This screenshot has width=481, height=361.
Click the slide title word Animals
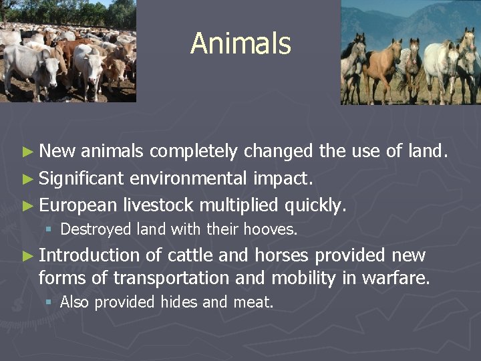pos(240,44)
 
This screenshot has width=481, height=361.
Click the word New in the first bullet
pos(57,152)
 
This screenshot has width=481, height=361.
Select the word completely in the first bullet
pos(194,152)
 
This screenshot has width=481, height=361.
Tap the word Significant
pos(82,178)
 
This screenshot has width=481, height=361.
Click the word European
pos(77,205)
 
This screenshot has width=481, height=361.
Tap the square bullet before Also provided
pos(49,303)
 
